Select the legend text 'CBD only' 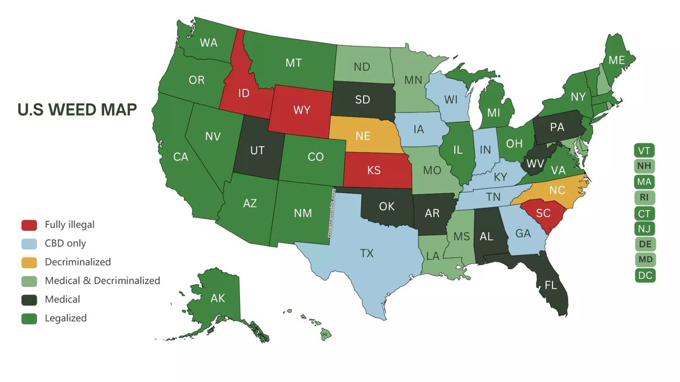(x=65, y=243)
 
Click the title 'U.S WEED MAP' (x=77, y=110)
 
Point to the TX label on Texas (x=367, y=253)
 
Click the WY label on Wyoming (x=302, y=109)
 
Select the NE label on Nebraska (x=364, y=137)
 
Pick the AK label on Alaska (x=218, y=299)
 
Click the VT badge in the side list (x=644, y=151)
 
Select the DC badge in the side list (x=644, y=275)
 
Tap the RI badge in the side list (x=644, y=198)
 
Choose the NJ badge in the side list (x=644, y=229)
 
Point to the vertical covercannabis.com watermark (x=332, y=212)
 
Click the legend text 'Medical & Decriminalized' (x=103, y=281)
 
